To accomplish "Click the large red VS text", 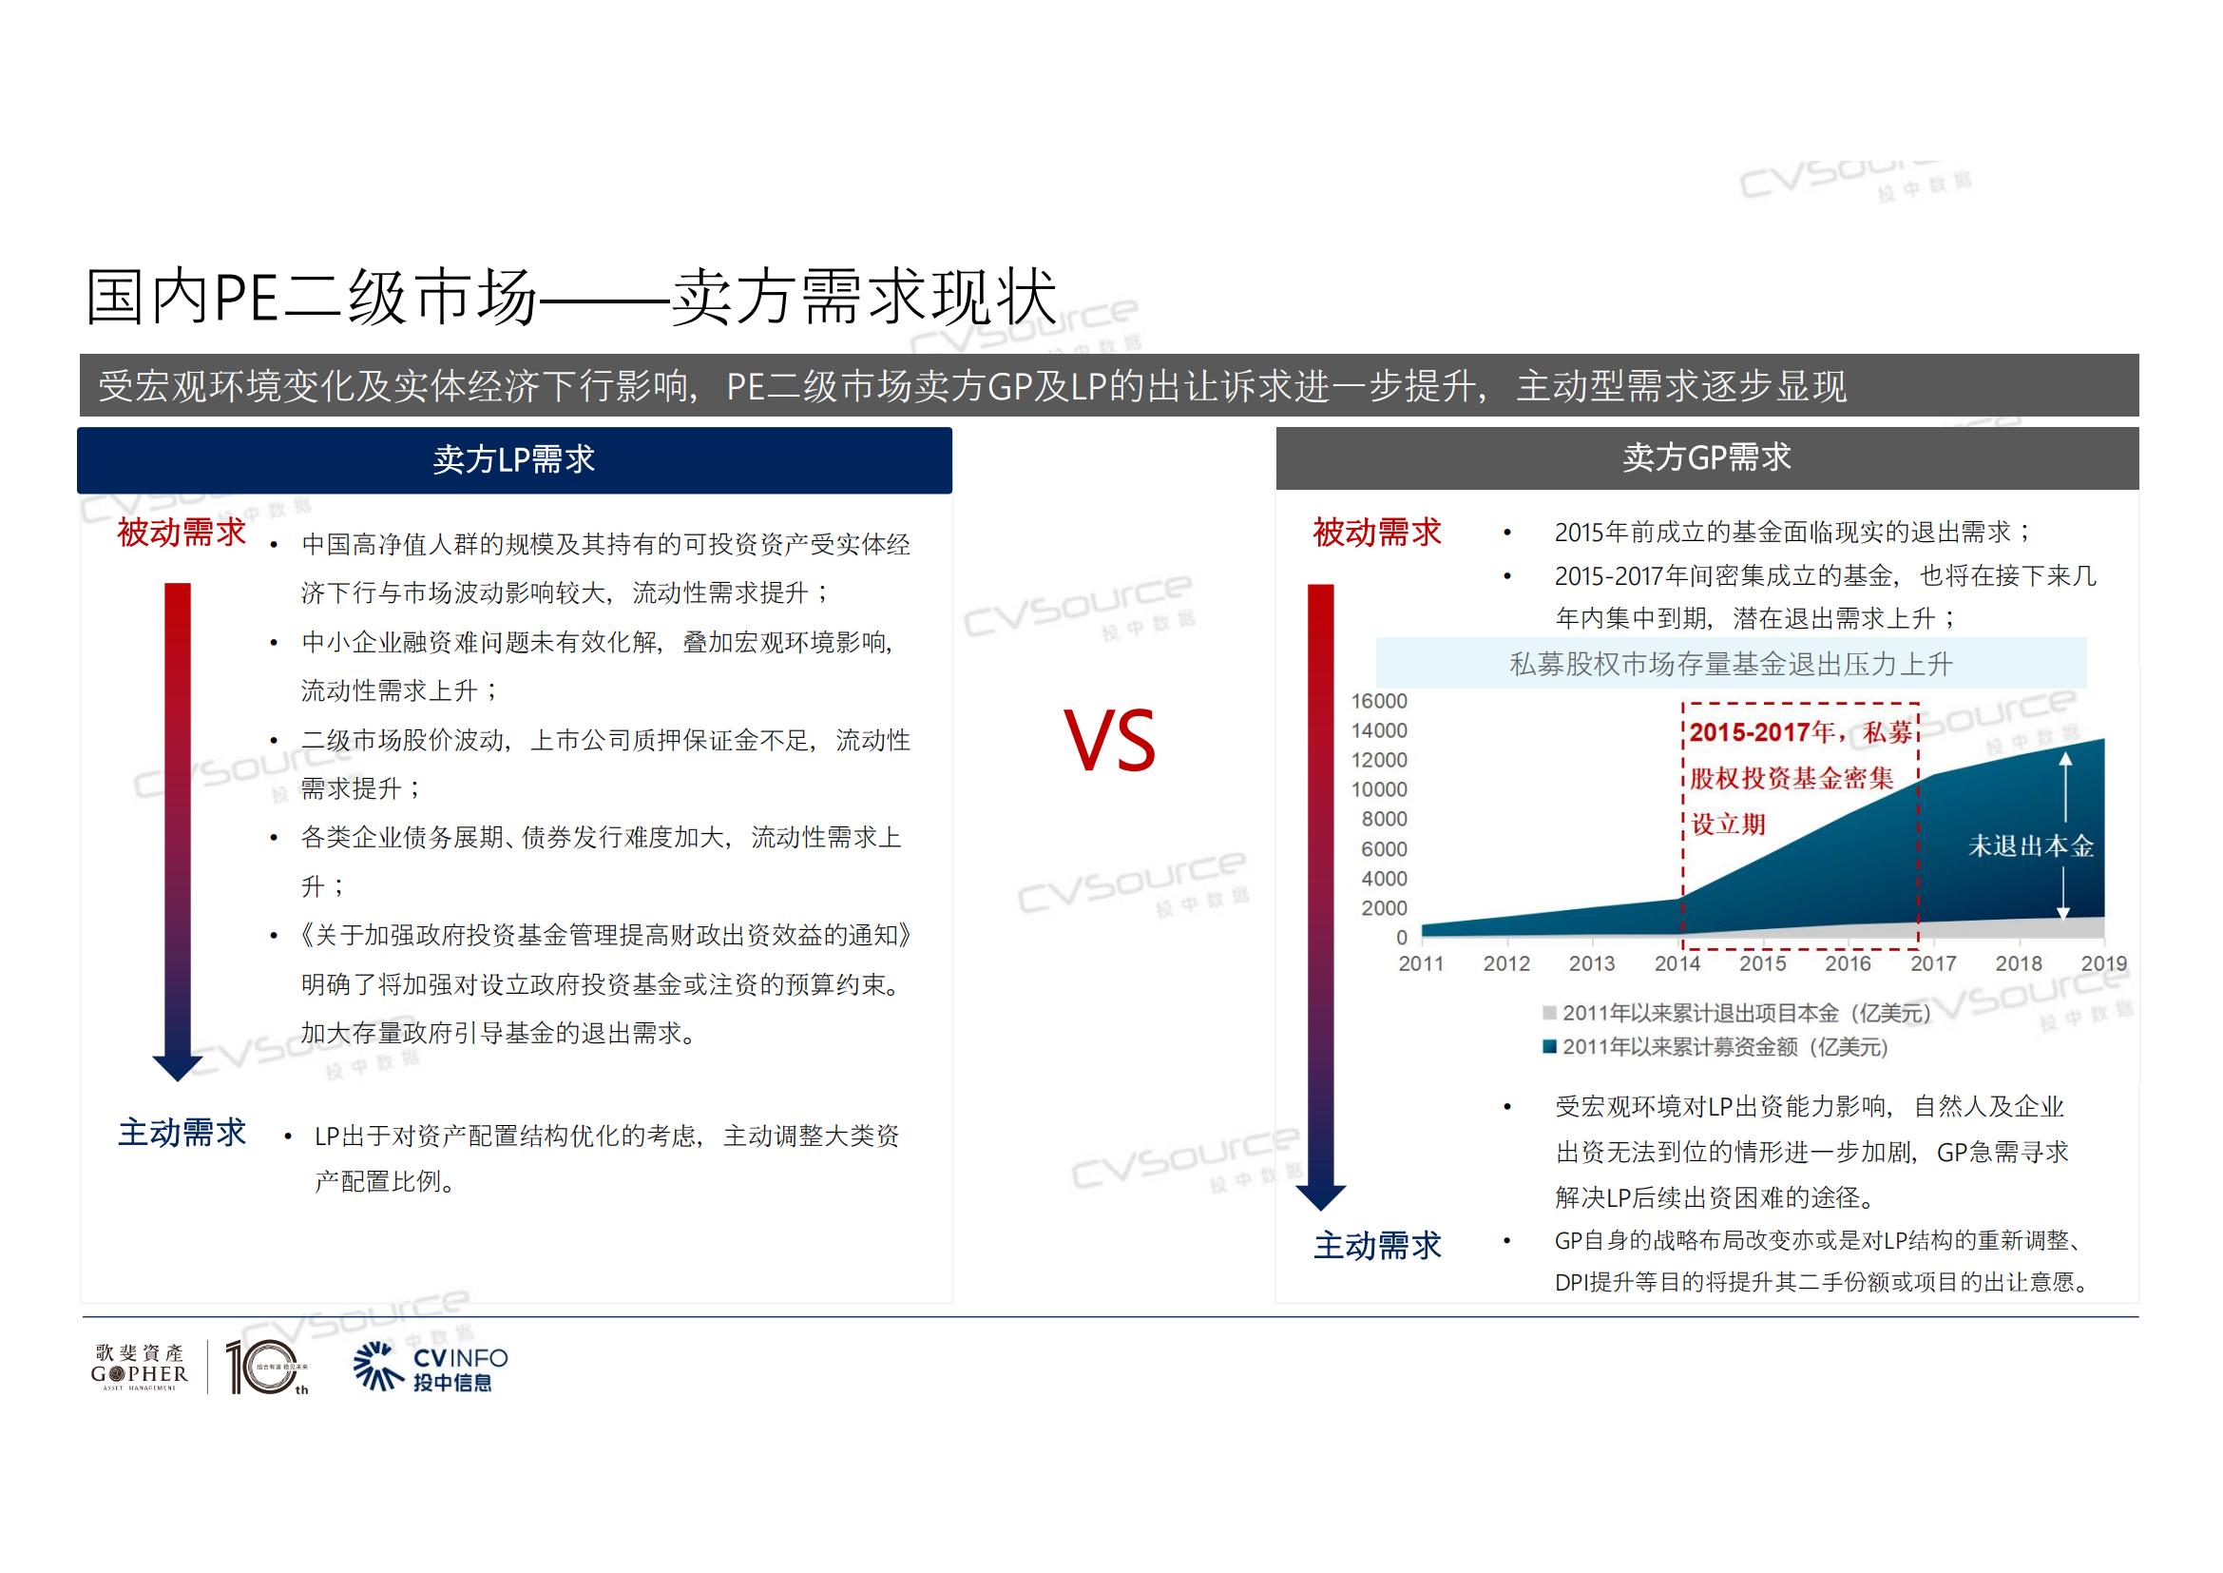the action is click(1109, 740).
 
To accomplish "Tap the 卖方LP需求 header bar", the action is click(514, 460).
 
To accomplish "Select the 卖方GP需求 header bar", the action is click(1707, 458).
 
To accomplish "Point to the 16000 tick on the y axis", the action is click(1379, 701).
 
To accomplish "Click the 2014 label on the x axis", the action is click(1677, 963).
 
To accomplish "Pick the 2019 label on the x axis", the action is click(2104, 963).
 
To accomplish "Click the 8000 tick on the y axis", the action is click(1385, 820).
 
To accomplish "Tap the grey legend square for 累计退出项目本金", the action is click(1550, 1013).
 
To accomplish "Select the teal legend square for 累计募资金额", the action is click(1550, 1046).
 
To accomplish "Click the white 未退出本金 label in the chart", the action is click(2031, 846).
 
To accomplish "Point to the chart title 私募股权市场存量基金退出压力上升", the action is click(1731, 665).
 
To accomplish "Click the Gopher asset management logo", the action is click(140, 1367).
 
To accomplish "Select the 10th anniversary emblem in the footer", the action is click(265, 1368).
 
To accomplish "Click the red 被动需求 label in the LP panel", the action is click(182, 533).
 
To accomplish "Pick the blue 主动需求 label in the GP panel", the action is click(1378, 1246).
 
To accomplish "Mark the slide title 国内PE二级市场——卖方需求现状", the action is click(571, 297).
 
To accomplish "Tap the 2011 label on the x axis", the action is click(1421, 963).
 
